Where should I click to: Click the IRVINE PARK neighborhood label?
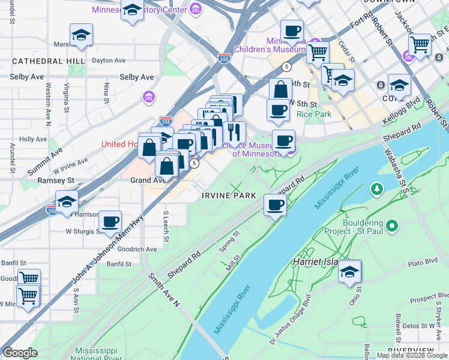(x=229, y=196)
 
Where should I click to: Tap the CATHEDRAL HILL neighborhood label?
(x=40, y=61)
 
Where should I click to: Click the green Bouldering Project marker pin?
(x=392, y=226)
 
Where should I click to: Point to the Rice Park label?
(x=318, y=114)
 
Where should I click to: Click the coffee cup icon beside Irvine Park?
(x=276, y=205)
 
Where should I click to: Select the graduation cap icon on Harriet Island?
(x=349, y=272)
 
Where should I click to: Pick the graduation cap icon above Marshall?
(x=81, y=35)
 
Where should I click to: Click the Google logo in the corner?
(x=20, y=353)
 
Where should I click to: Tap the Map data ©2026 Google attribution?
(x=411, y=355)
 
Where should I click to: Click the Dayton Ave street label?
(x=109, y=61)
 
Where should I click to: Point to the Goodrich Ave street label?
(x=136, y=249)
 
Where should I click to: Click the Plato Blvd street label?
(x=423, y=262)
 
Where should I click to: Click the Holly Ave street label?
(x=33, y=139)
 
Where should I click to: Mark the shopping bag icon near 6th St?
(x=280, y=89)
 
